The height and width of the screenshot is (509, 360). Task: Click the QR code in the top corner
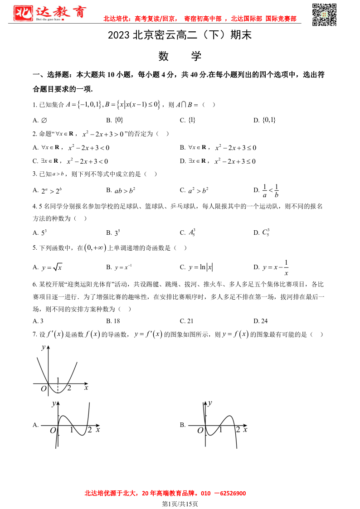click(325, 15)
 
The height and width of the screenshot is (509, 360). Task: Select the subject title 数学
click(180, 56)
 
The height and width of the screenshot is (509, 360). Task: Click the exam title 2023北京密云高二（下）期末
click(180, 35)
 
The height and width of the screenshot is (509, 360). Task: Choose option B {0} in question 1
click(115, 120)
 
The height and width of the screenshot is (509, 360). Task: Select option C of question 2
click(70, 161)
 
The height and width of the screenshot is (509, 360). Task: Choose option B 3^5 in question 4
click(113, 233)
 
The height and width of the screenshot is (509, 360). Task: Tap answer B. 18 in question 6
click(113, 321)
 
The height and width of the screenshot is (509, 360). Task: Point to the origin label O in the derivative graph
click(44, 388)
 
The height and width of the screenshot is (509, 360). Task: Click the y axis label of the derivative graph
click(43, 347)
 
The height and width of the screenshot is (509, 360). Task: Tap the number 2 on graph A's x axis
click(89, 430)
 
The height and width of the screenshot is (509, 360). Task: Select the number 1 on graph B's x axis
click(221, 429)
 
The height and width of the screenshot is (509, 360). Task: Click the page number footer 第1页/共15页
click(180, 504)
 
